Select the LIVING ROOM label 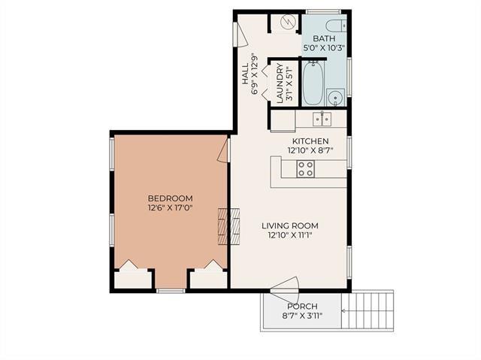[290, 225]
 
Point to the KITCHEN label [310, 141]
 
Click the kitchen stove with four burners [306, 168]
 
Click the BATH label [324, 38]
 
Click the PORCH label [303, 307]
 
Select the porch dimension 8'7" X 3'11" [303, 316]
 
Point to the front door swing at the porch [289, 286]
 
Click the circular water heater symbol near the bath [289, 23]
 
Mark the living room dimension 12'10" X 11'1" [290, 235]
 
